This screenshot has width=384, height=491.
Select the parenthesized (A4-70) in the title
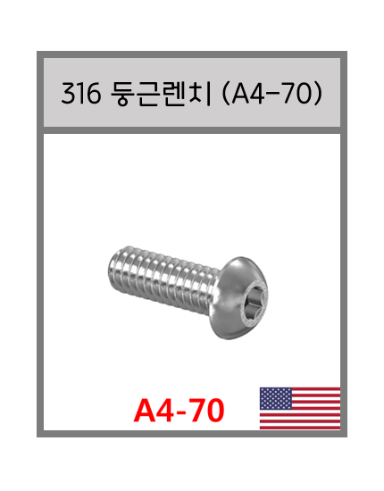click(270, 94)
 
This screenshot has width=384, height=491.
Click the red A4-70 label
click(179, 410)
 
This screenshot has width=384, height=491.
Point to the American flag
click(299, 408)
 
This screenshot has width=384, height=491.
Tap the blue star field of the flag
click(275, 398)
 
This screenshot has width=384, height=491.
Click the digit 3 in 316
click(68, 94)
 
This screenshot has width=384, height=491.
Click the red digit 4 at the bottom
click(167, 410)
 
